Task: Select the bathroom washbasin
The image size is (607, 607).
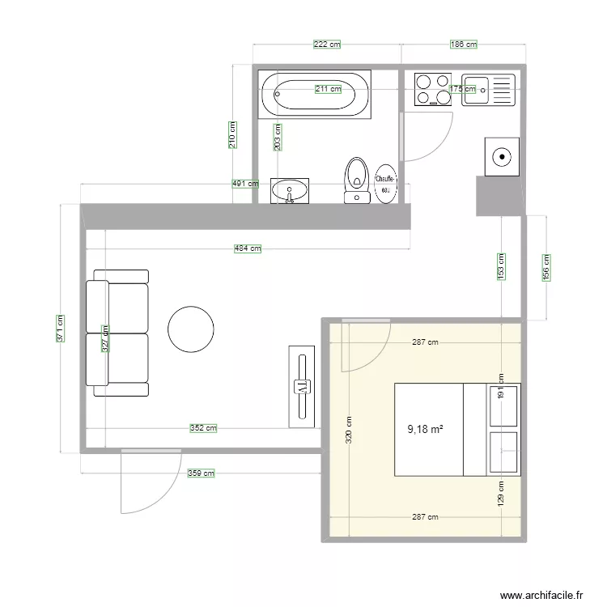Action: [290, 191]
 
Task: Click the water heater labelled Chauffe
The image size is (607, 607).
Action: [385, 184]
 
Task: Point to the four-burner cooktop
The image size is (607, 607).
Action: [433, 89]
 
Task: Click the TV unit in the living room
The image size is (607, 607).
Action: [302, 384]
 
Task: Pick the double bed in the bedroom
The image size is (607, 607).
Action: [429, 429]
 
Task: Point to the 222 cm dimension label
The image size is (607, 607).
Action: [327, 45]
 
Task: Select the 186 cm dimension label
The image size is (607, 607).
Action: [463, 45]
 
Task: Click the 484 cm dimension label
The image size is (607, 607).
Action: [248, 248]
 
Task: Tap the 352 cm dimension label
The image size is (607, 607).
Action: [203, 427]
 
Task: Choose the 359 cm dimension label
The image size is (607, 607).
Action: [201, 473]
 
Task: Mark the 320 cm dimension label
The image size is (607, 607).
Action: [349, 430]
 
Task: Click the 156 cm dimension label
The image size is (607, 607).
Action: [546, 267]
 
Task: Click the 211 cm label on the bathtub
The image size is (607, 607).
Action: [327, 89]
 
